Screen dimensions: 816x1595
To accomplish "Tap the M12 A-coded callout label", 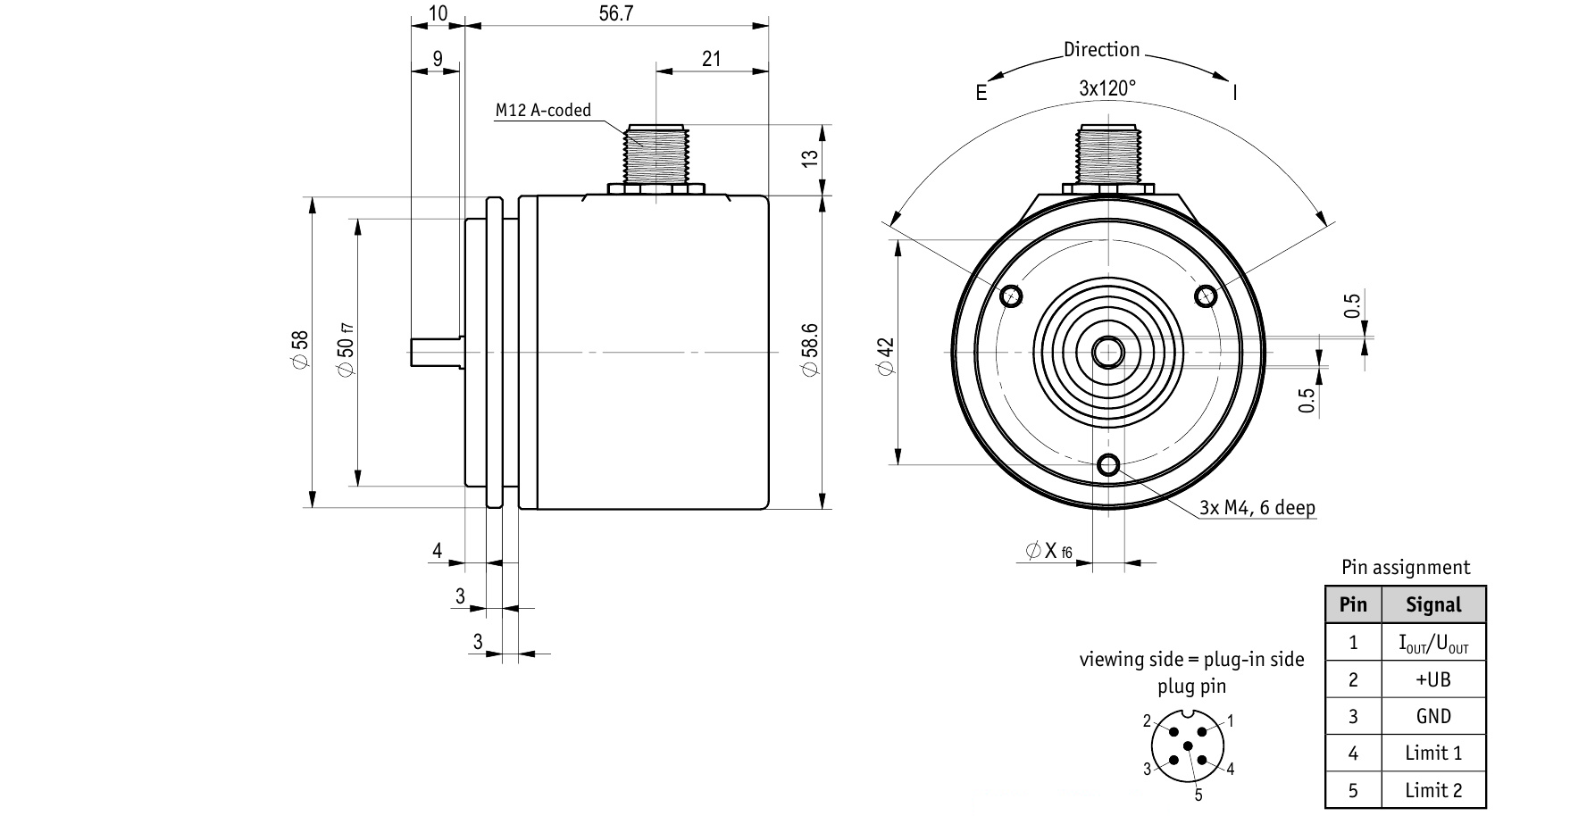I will click(543, 111).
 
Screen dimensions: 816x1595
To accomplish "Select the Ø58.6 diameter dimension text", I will click(809, 352).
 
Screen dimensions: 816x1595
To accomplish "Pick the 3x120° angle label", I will click(1107, 88).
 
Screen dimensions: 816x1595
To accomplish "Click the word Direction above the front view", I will click(1101, 50).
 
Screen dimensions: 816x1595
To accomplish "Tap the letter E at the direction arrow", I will click(981, 93).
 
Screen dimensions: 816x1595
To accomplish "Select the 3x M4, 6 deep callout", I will click(1257, 508).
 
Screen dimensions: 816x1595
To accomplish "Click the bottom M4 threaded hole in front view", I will click(1108, 465).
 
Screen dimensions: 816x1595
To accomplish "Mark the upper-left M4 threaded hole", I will click(1012, 296).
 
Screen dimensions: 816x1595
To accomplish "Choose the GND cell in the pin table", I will click(1433, 716).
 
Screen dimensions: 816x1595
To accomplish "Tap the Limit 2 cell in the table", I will click(1433, 790).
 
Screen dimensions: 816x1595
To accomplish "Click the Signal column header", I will click(1433, 604).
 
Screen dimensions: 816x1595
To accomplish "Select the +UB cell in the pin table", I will click(1433, 679).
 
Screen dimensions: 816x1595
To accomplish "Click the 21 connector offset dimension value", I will click(711, 59).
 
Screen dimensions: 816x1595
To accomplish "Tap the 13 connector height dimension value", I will click(809, 158).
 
